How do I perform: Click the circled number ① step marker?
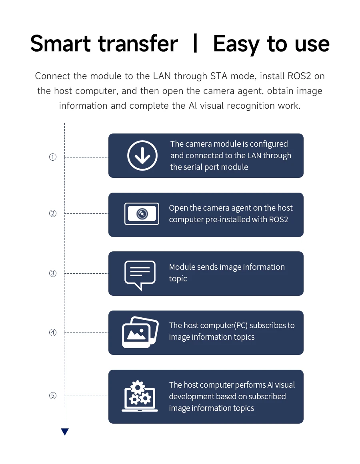53,157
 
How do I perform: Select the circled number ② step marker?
53,213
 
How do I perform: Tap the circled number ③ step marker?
53,274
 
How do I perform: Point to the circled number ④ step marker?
53,333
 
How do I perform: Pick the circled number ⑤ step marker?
53,396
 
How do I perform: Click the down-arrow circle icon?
142,155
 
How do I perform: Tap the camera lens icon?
142,214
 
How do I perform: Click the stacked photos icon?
140,332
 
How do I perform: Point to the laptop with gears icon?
140,396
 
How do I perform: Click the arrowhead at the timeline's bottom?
65,432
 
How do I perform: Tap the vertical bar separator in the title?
195,44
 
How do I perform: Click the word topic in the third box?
178,279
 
